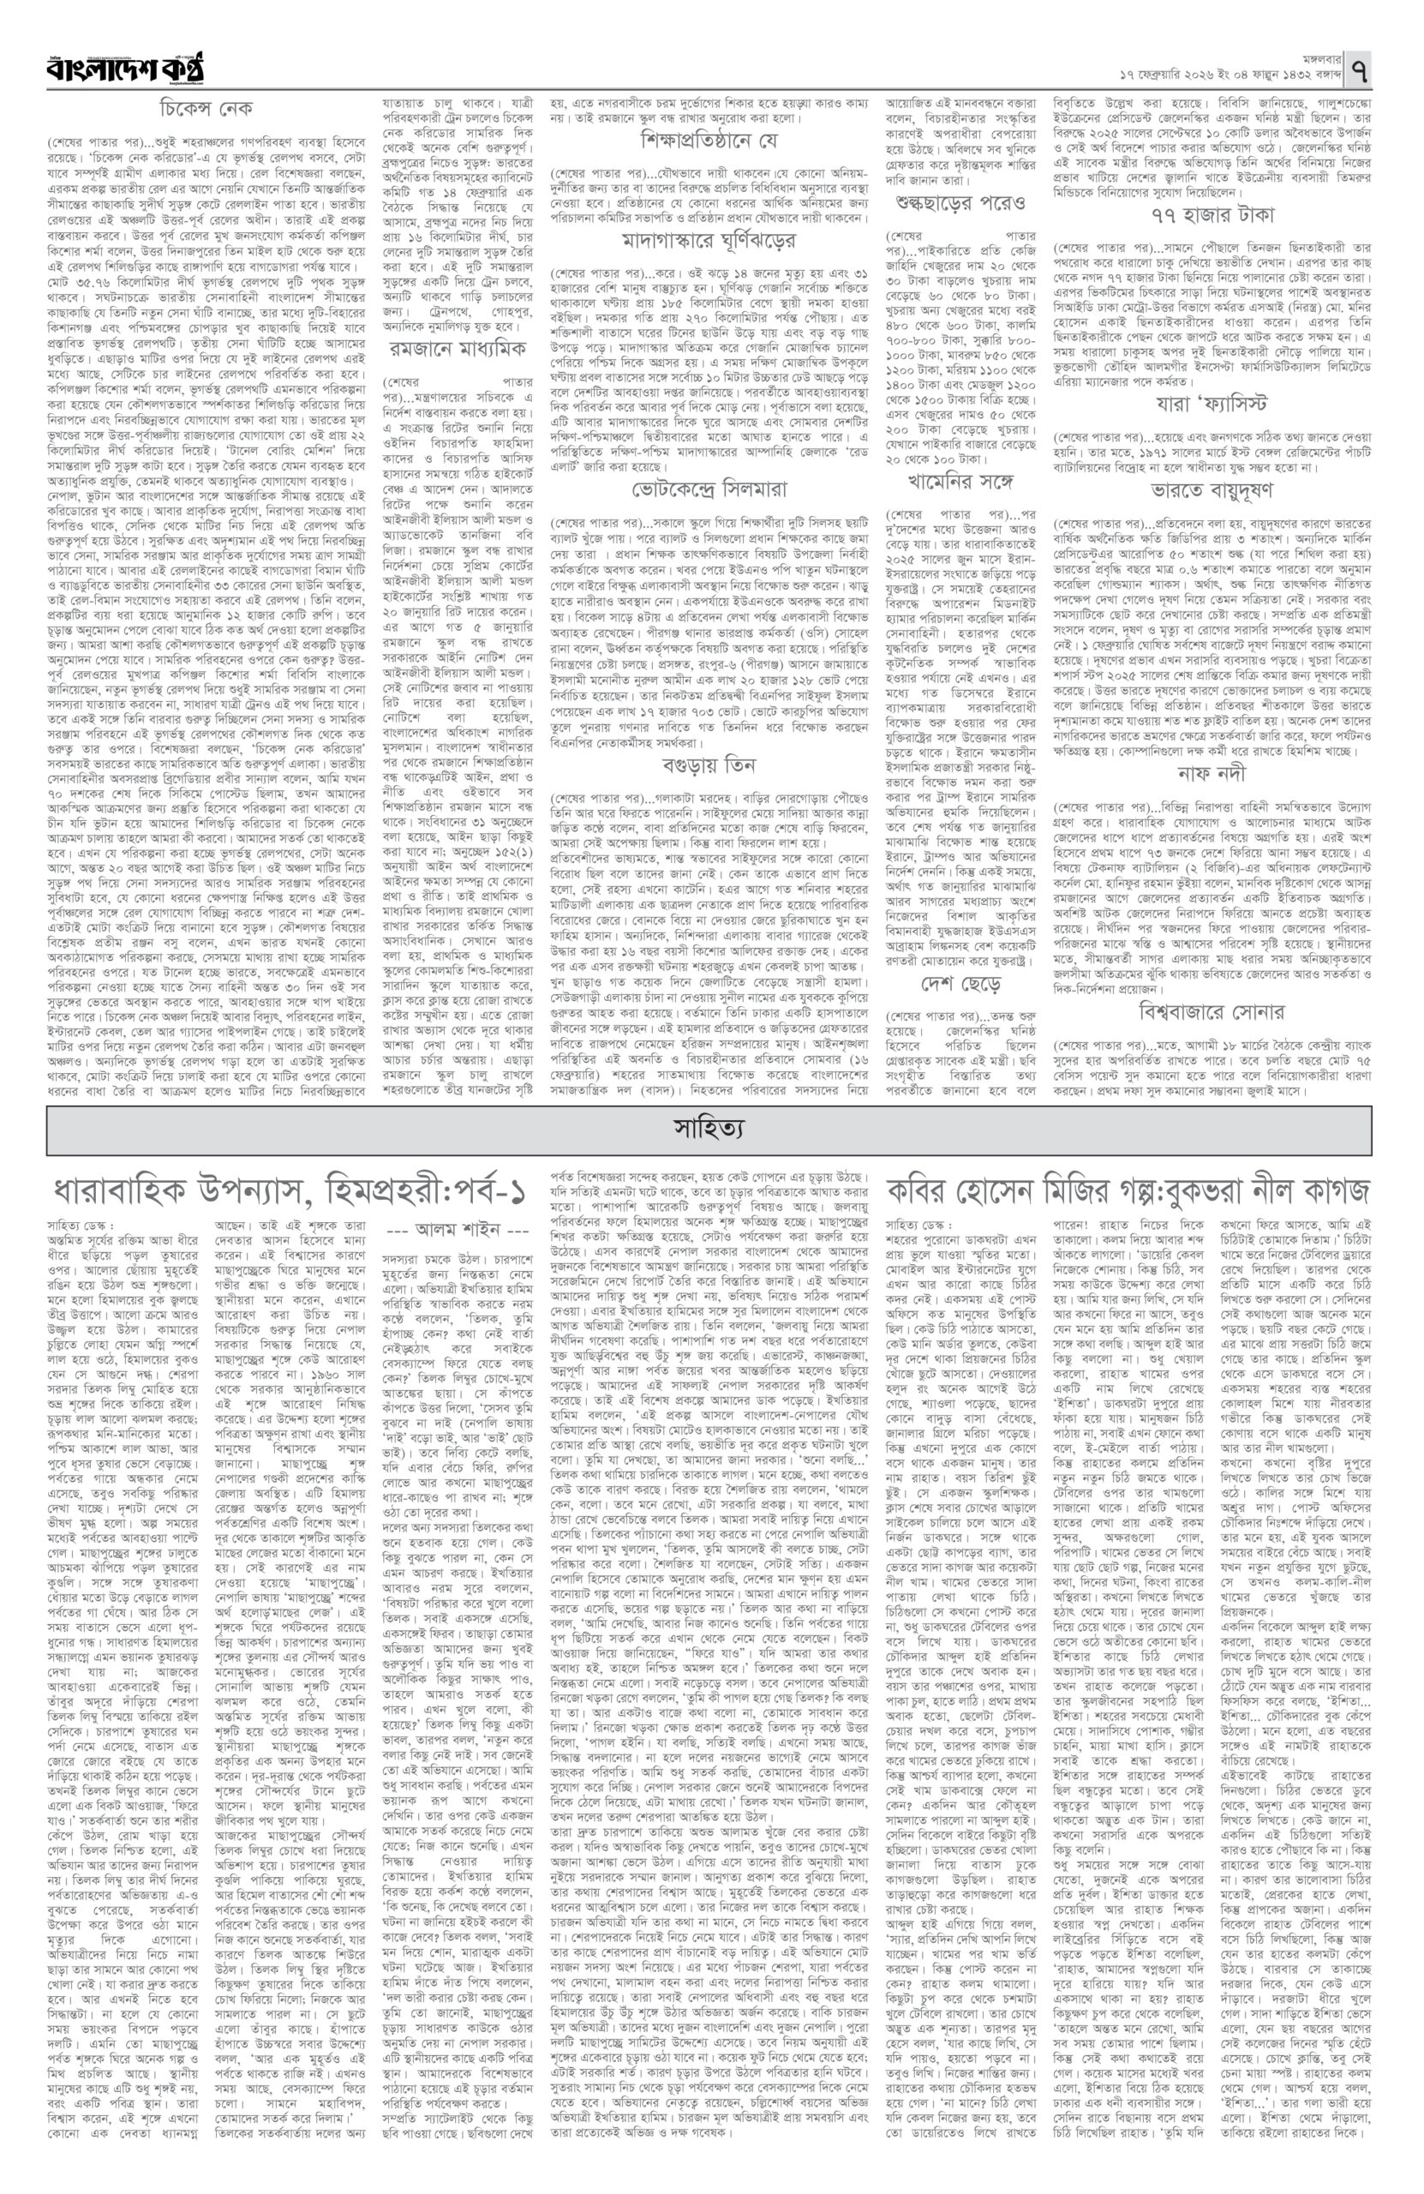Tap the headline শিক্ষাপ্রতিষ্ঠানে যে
pyautogui.click(x=709, y=142)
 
